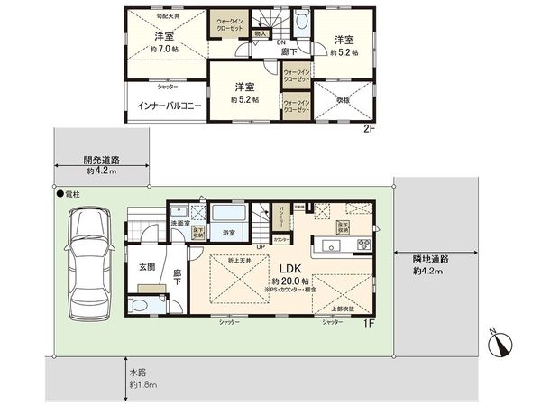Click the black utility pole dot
(x=57, y=194)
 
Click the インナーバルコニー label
(x=163, y=105)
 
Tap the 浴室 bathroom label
(x=230, y=233)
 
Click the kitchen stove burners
(x=365, y=245)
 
